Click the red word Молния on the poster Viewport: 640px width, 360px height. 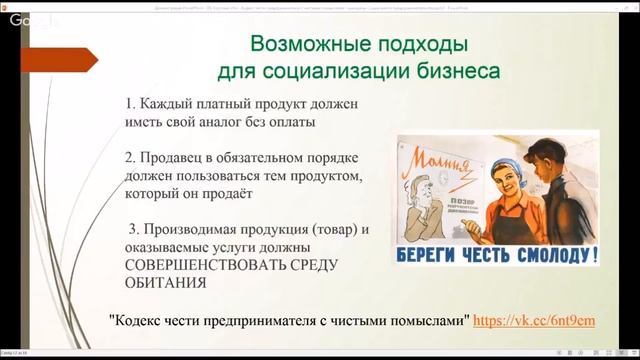pyautogui.click(x=437, y=151)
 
